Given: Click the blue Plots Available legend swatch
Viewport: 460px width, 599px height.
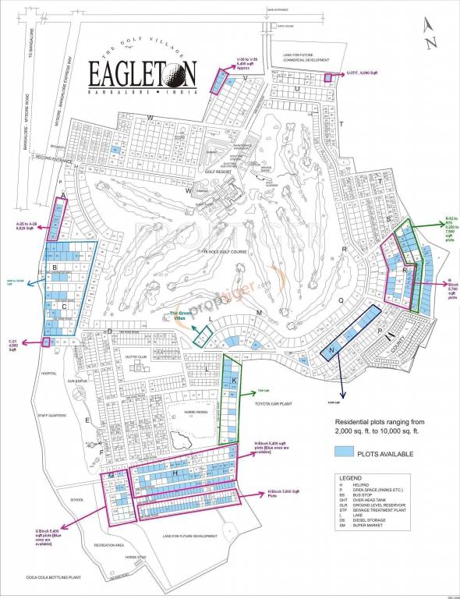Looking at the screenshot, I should pyautogui.click(x=345, y=452).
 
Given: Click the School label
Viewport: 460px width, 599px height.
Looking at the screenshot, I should pyautogui.click(x=76, y=500).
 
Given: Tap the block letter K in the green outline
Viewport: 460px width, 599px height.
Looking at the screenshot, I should pyautogui.click(x=234, y=380).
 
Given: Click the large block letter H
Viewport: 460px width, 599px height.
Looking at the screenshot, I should pyautogui.click(x=176, y=473).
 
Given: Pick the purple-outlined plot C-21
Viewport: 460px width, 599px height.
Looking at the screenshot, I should pyautogui.click(x=46, y=341).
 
